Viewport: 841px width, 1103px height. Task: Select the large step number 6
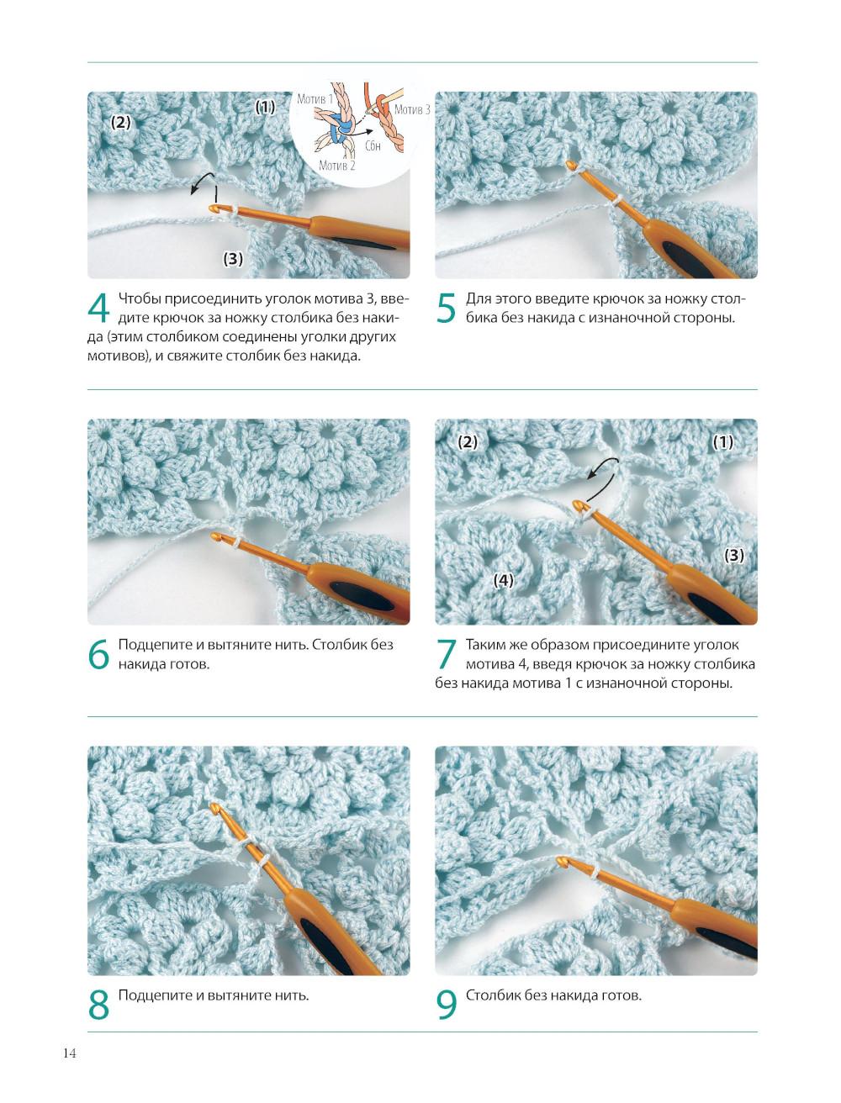pyautogui.click(x=98, y=654)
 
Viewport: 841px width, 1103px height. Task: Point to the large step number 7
pyautogui.click(x=447, y=654)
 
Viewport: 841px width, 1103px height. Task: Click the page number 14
pyautogui.click(x=70, y=1053)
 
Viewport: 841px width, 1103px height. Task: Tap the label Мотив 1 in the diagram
pyautogui.click(x=315, y=99)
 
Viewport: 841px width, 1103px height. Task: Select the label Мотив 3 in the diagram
pyautogui.click(x=412, y=109)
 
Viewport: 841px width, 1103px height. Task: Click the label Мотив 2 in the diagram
pyautogui.click(x=336, y=165)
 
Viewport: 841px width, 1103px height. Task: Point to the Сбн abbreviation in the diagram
pyautogui.click(x=373, y=146)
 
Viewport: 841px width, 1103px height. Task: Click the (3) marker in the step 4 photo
pyautogui.click(x=233, y=259)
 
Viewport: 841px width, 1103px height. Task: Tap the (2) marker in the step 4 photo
pyautogui.click(x=120, y=122)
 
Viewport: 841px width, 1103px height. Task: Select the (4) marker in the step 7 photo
pyautogui.click(x=503, y=580)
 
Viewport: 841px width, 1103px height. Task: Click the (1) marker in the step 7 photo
pyautogui.click(x=723, y=442)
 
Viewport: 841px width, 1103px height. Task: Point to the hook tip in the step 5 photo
pyautogui.click(x=570, y=163)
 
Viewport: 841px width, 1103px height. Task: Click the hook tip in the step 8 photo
pyautogui.click(x=214, y=806)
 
